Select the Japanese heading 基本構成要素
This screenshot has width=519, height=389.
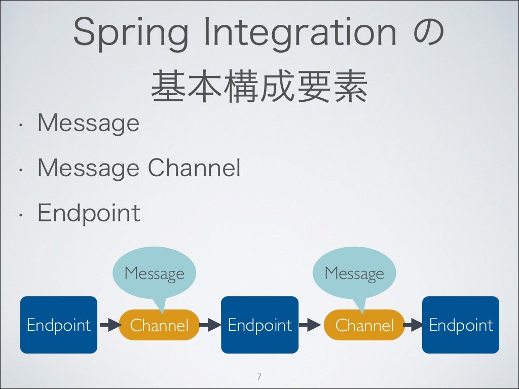(x=259, y=87)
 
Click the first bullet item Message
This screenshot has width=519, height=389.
(x=88, y=123)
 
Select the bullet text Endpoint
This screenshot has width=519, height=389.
(x=89, y=213)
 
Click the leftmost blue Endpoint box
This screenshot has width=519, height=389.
(x=58, y=325)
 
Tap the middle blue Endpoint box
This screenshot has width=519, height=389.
(x=259, y=325)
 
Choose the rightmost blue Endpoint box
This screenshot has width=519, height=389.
(x=461, y=325)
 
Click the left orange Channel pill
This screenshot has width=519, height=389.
(x=159, y=325)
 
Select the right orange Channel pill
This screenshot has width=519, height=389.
(x=364, y=325)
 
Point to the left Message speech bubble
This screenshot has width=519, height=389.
(x=154, y=274)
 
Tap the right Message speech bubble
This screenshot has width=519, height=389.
(x=354, y=274)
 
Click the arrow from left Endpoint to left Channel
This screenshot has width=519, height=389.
(x=108, y=325)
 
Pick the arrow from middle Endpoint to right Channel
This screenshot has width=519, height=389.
(x=309, y=325)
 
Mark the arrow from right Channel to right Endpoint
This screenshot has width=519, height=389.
(x=413, y=325)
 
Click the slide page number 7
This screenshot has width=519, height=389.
(x=259, y=376)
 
